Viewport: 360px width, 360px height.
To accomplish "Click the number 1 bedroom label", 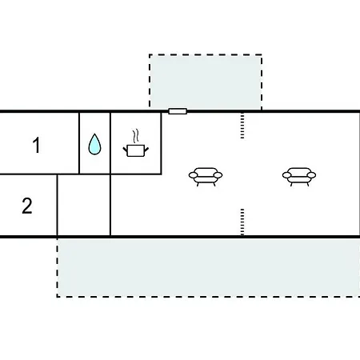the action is pyautogui.click(x=37, y=145).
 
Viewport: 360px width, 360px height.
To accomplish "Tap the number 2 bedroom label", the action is pyautogui.click(x=27, y=206).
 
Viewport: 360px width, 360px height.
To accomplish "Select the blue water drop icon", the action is pyautogui.click(x=94, y=144).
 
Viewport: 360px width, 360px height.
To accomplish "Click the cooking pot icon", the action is pyautogui.click(x=136, y=150).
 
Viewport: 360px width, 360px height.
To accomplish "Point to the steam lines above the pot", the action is pyautogui.click(x=136, y=136).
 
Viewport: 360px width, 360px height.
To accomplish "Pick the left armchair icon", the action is pyautogui.click(x=206, y=176).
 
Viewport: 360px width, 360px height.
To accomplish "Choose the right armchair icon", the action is pyautogui.click(x=299, y=176).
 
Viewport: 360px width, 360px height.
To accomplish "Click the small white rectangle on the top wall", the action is pyautogui.click(x=178, y=111).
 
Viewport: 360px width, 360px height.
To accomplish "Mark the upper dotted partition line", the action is pyautogui.click(x=242, y=126).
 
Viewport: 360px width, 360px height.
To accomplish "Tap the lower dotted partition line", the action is pyautogui.click(x=242, y=222).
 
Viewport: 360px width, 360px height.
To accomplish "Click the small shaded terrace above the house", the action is pyautogui.click(x=206, y=82).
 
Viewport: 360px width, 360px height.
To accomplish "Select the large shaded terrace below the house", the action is pyautogui.click(x=209, y=267).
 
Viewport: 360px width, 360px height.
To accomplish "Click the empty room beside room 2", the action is pyautogui.click(x=84, y=205).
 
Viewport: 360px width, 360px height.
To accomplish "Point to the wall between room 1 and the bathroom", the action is pyautogui.click(x=79, y=143).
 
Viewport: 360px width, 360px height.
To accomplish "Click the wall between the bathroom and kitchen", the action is pyautogui.click(x=110, y=143).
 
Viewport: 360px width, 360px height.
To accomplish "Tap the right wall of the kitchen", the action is pyautogui.click(x=161, y=143).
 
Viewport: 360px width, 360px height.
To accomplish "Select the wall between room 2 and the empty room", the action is pyautogui.click(x=58, y=205).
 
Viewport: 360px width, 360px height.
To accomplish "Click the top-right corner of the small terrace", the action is pyautogui.click(x=262, y=55).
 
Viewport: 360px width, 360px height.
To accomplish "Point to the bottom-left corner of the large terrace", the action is pyautogui.click(x=57, y=296).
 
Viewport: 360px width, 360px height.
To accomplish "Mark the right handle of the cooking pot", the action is pyautogui.click(x=146, y=150).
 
